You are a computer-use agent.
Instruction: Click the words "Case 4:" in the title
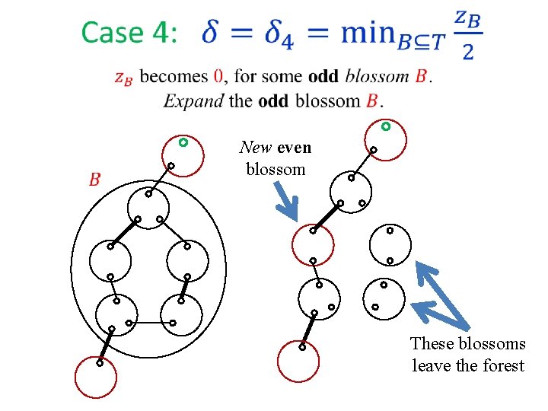[x=129, y=33]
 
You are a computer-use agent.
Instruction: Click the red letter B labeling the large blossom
[x=95, y=180]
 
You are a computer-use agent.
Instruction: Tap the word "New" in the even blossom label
[x=256, y=148]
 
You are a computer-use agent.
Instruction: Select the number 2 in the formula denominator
[x=467, y=52]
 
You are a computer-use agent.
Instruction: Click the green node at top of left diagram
[x=183, y=142]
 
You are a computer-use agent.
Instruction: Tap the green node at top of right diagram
[x=386, y=126]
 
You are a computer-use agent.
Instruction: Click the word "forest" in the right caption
[x=502, y=366]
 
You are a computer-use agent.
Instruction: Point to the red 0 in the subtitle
[x=218, y=76]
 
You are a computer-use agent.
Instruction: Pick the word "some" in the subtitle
[x=283, y=76]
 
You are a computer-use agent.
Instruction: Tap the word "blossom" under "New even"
[x=276, y=169]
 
